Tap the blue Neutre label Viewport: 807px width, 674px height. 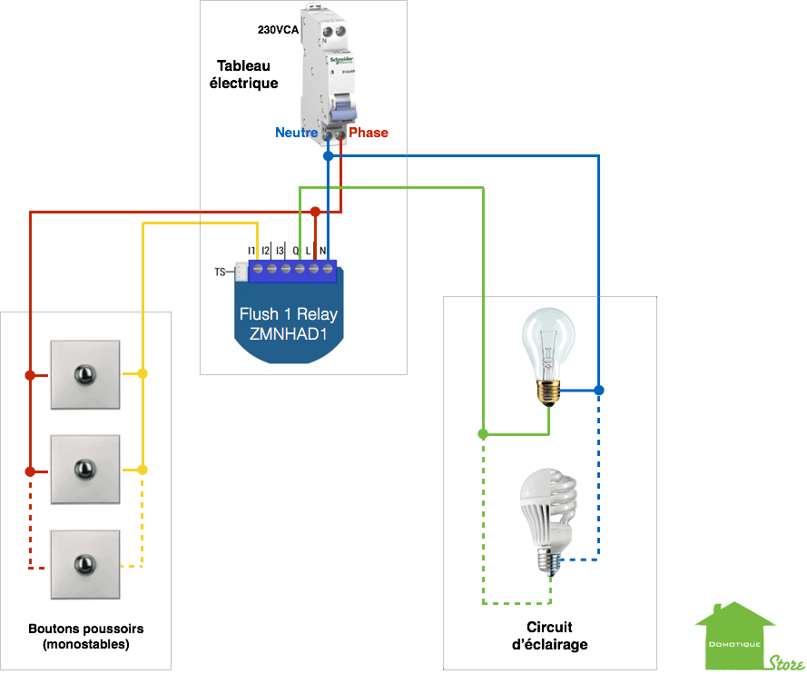click(296, 133)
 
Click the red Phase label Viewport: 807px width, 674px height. click(369, 133)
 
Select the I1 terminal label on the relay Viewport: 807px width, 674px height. click(251, 249)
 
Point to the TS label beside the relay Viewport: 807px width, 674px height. click(219, 272)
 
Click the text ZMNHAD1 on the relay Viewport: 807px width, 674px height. click(288, 333)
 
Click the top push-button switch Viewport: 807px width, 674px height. click(84, 374)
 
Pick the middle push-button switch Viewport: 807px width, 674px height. click(84, 469)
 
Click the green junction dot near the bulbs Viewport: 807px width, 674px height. click(484, 434)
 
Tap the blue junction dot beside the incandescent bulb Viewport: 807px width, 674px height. click(598, 391)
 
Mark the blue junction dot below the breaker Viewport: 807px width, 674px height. click(328, 156)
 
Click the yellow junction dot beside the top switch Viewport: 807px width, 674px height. click(142, 374)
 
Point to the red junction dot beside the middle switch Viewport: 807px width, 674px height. click(30, 471)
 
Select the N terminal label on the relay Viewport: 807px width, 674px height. click(323, 249)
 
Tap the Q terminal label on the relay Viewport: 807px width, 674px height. click(296, 249)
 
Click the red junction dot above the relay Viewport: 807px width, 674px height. click(314, 212)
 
